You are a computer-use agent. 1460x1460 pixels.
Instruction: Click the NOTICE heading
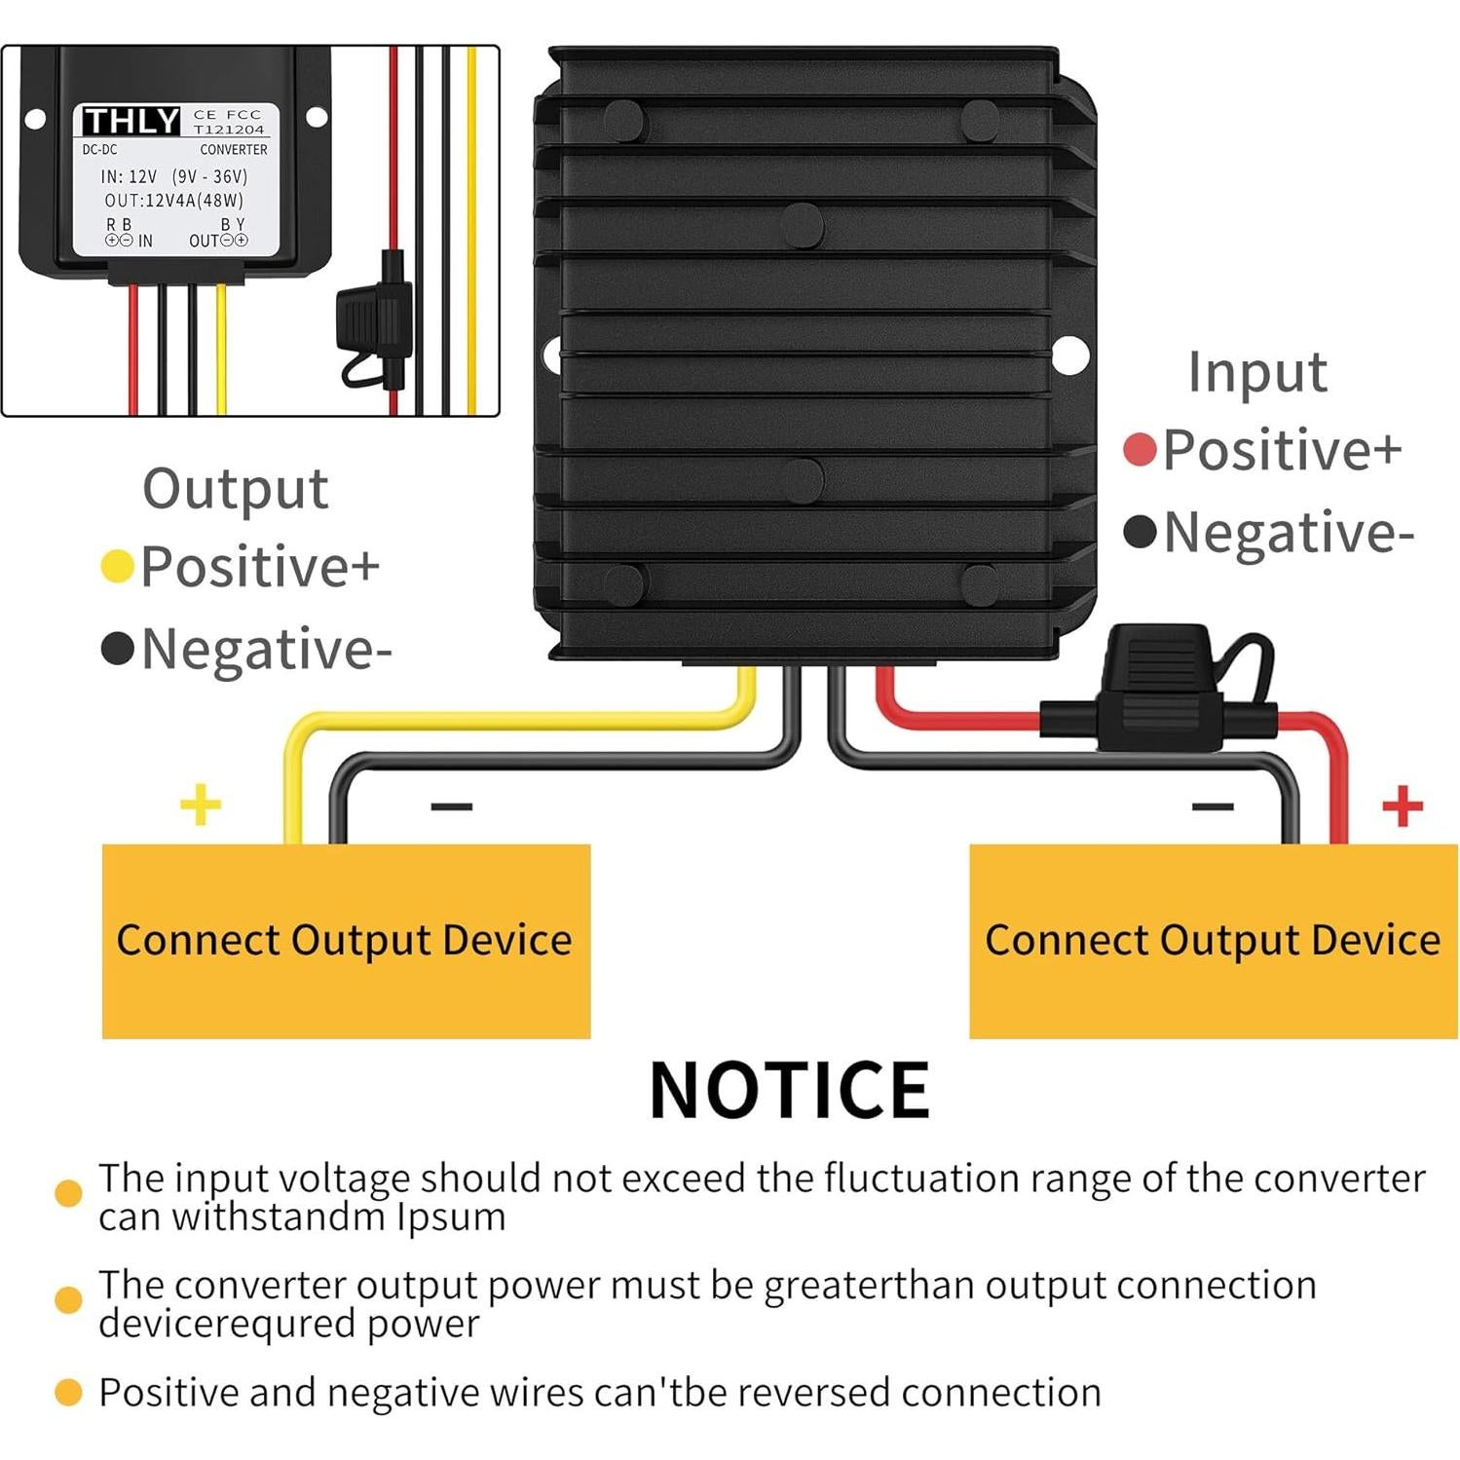789,1090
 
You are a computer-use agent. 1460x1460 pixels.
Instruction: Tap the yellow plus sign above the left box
201,805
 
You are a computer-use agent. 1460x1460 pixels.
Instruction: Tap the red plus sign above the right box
1403,805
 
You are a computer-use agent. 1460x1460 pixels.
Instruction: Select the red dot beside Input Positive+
1139,450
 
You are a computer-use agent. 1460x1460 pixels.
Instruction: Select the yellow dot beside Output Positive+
117,566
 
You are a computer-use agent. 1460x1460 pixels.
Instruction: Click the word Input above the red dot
1256,372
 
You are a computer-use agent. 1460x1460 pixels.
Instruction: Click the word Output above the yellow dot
235,488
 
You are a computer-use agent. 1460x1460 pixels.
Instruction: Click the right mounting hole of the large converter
1069,355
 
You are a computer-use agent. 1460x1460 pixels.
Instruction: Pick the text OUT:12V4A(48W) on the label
174,201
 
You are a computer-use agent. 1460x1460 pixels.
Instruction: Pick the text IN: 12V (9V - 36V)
174,176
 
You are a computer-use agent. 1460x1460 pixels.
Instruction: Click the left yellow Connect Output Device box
346,940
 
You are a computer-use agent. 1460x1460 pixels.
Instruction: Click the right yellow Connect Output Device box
1213,940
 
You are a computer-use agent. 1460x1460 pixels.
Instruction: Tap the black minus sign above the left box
451,806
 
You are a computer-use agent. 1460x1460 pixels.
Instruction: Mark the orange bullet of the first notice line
68,1193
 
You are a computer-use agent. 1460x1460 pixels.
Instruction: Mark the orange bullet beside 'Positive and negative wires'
68,1393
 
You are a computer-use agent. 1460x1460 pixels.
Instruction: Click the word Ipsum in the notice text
451,1217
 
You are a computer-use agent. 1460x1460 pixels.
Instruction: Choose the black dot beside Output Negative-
117,649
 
